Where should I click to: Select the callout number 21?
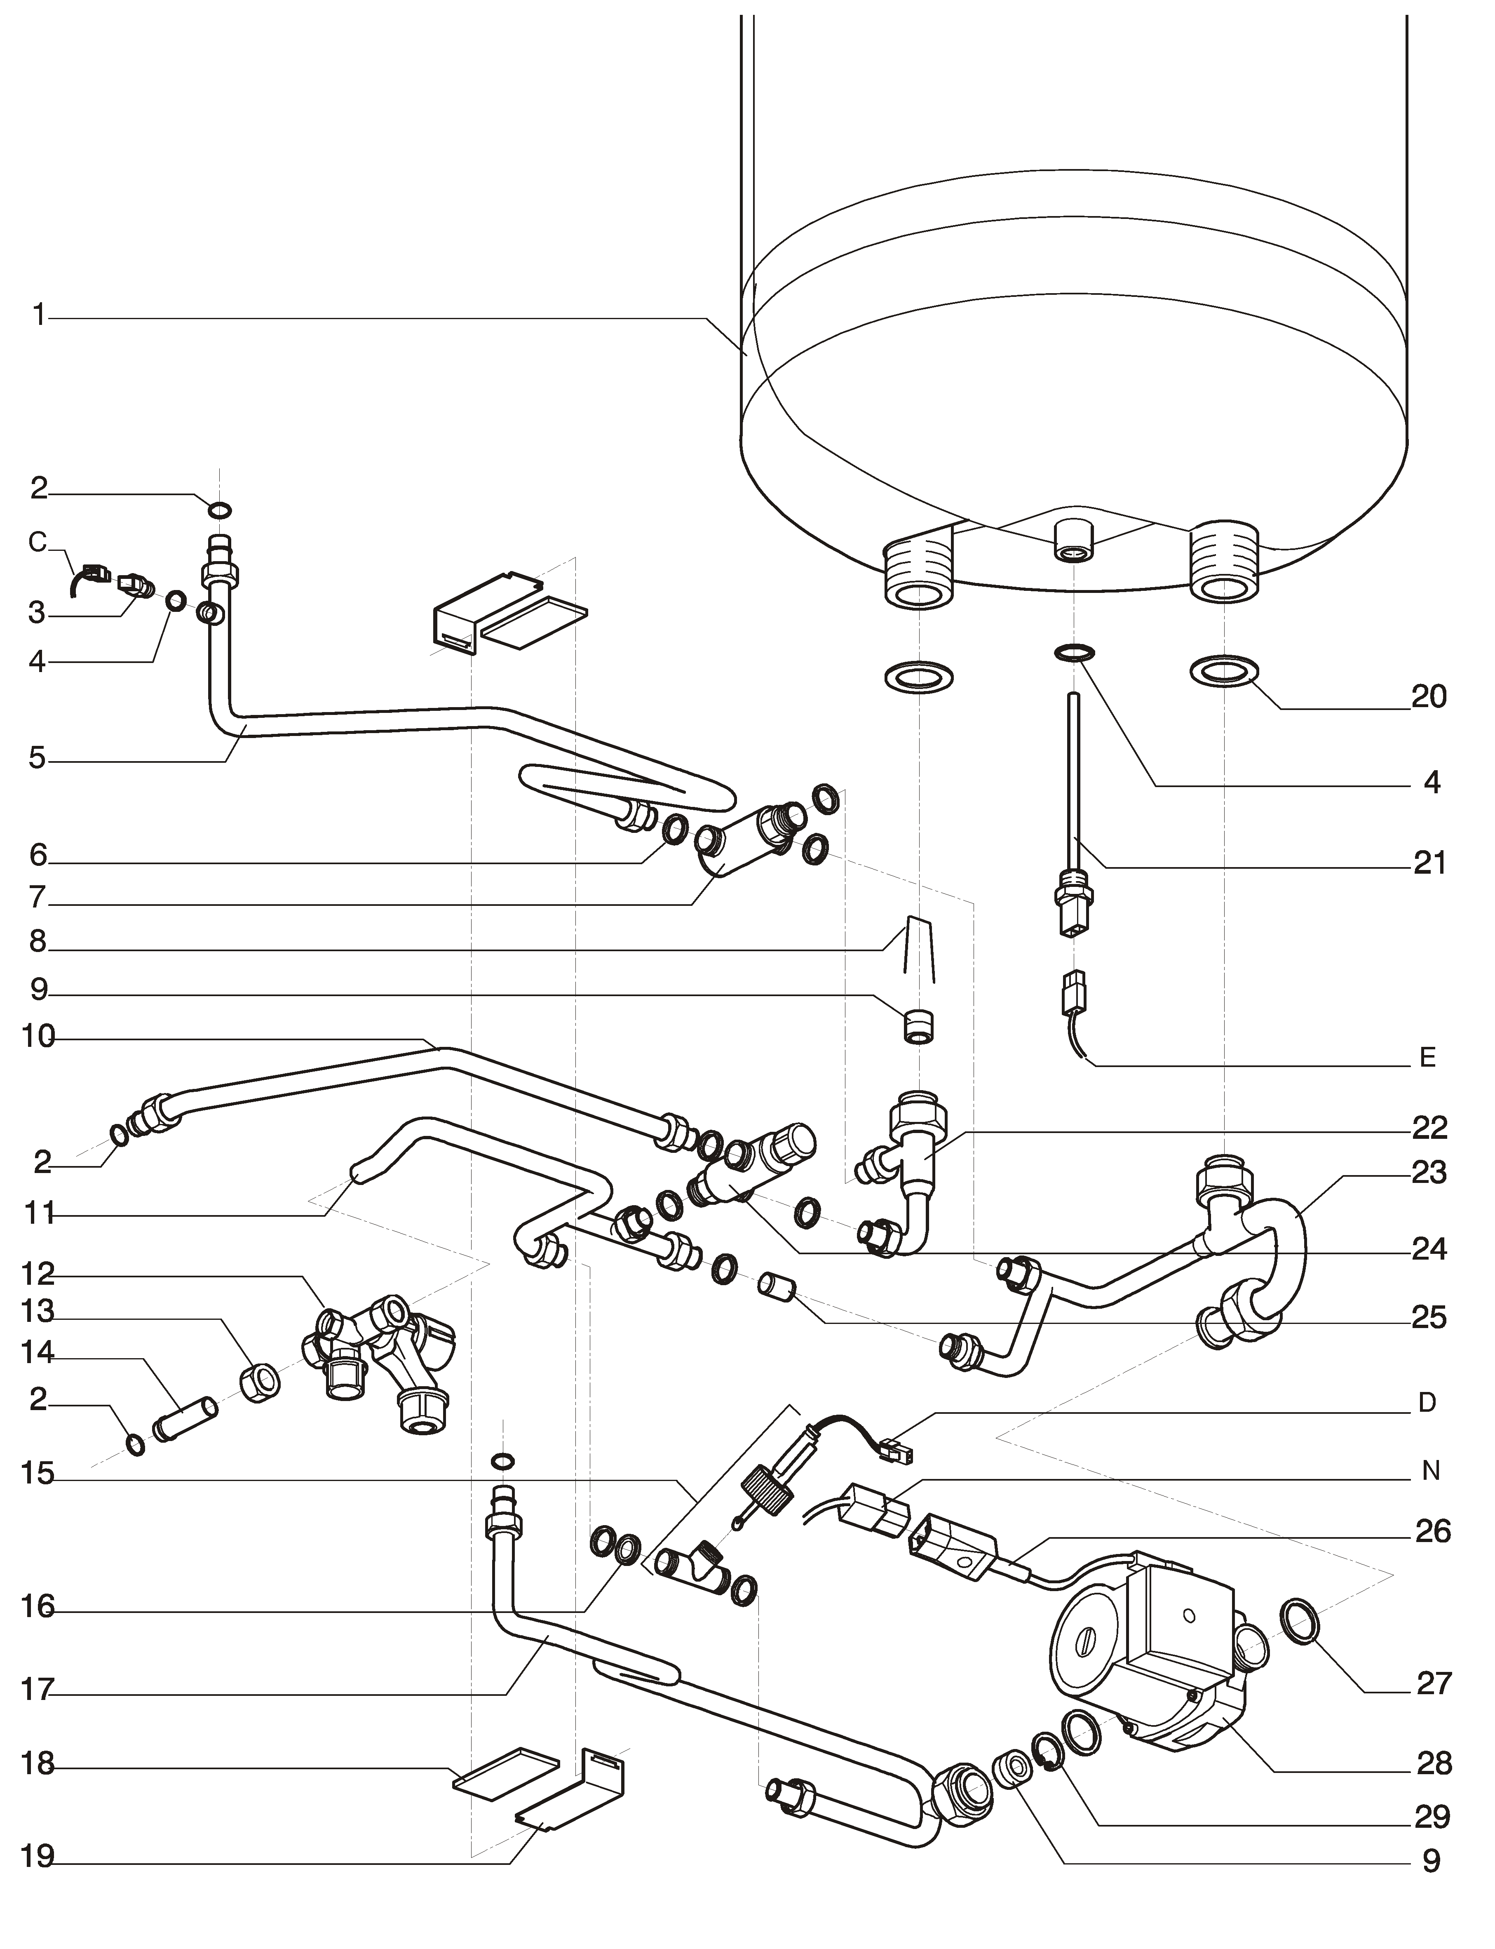1429,863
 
